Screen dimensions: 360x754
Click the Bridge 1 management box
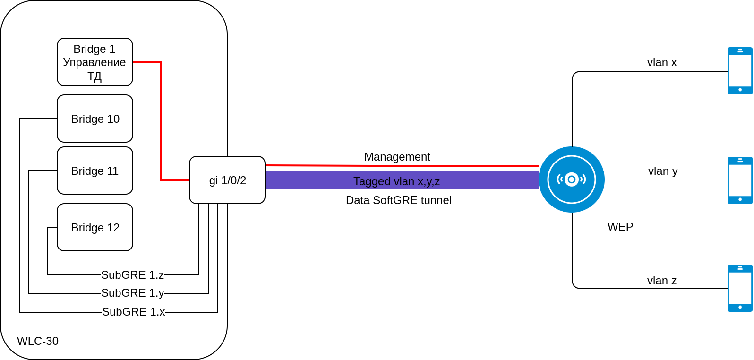click(95, 62)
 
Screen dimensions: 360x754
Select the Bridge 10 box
click(95, 119)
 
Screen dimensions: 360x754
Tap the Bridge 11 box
click(95, 171)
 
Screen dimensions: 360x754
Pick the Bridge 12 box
click(95, 227)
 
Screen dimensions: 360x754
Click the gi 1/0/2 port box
click(227, 180)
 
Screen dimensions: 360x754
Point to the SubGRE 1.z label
click(133, 275)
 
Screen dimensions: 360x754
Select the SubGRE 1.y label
click(133, 293)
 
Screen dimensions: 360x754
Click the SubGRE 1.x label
click(134, 312)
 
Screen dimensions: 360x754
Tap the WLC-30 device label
click(38, 341)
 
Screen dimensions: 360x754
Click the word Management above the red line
click(397, 157)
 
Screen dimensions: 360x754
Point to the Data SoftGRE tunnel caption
click(399, 200)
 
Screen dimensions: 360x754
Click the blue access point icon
click(572, 180)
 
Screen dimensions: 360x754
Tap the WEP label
click(620, 227)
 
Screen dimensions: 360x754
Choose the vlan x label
click(662, 62)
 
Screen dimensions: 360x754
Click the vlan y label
click(663, 171)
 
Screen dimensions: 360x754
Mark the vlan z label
click(662, 281)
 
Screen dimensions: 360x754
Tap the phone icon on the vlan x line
click(740, 71)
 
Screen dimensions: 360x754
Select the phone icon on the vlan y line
click(740, 180)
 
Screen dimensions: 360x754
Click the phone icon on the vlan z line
click(740, 288)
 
